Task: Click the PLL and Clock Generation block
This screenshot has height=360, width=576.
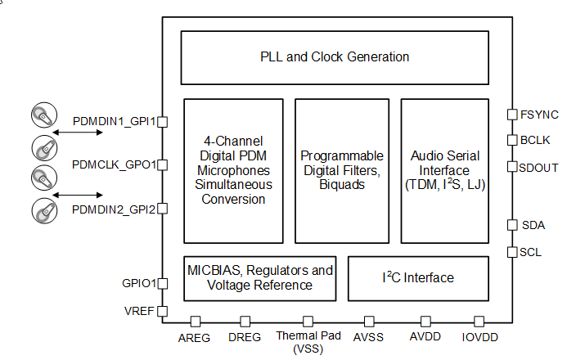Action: tap(334, 57)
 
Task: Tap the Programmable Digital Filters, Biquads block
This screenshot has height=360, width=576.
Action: tap(341, 170)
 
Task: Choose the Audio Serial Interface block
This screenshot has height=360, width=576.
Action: tap(445, 170)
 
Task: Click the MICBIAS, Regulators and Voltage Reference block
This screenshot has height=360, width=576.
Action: tap(260, 277)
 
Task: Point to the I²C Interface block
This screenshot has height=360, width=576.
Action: tap(418, 277)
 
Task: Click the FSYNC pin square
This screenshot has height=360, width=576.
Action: tap(512, 115)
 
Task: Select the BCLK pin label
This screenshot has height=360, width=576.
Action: tap(535, 140)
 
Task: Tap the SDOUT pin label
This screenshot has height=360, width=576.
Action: tap(539, 167)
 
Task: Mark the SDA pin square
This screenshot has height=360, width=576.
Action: tap(512, 225)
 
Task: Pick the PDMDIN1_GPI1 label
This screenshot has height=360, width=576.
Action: tap(114, 121)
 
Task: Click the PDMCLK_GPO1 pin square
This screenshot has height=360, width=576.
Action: tap(162, 165)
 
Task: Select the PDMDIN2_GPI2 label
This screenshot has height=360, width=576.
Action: tap(114, 209)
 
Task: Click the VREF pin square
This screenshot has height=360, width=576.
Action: tap(162, 311)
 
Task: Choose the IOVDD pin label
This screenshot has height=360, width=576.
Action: tap(479, 337)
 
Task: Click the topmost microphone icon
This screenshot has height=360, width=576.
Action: tap(43, 117)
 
